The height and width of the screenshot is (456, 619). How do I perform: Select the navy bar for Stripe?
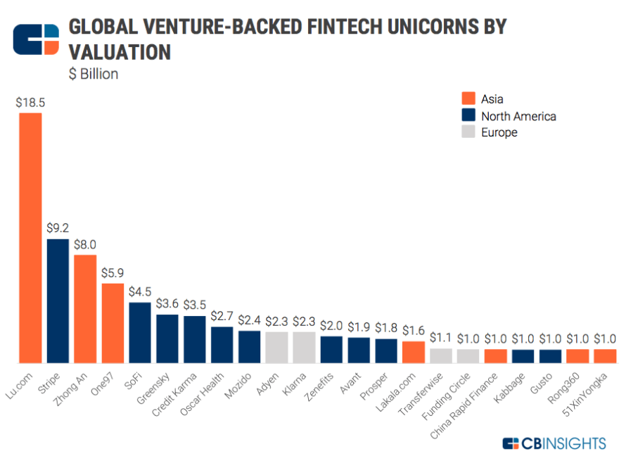click(x=58, y=300)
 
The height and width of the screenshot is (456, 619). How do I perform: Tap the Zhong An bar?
click(x=85, y=308)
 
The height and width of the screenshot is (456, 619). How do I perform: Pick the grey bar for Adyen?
click(x=276, y=347)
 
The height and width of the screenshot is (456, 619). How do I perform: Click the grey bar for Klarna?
click(x=304, y=347)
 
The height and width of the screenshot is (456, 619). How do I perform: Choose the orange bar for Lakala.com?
click(x=414, y=352)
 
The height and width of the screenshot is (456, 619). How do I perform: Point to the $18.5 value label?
click(x=30, y=102)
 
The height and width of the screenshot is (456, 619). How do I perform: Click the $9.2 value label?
click(x=58, y=229)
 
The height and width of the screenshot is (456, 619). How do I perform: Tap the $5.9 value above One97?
click(x=113, y=273)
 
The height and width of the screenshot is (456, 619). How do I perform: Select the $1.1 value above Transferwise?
click(x=441, y=337)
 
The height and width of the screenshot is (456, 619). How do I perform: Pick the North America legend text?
click(x=518, y=116)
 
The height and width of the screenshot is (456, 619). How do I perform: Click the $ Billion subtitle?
click(x=94, y=75)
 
